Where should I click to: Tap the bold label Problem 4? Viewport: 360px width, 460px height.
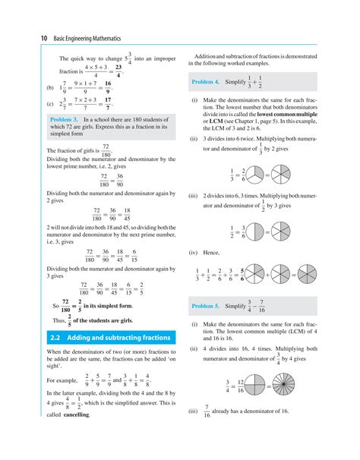(x=207, y=82)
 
